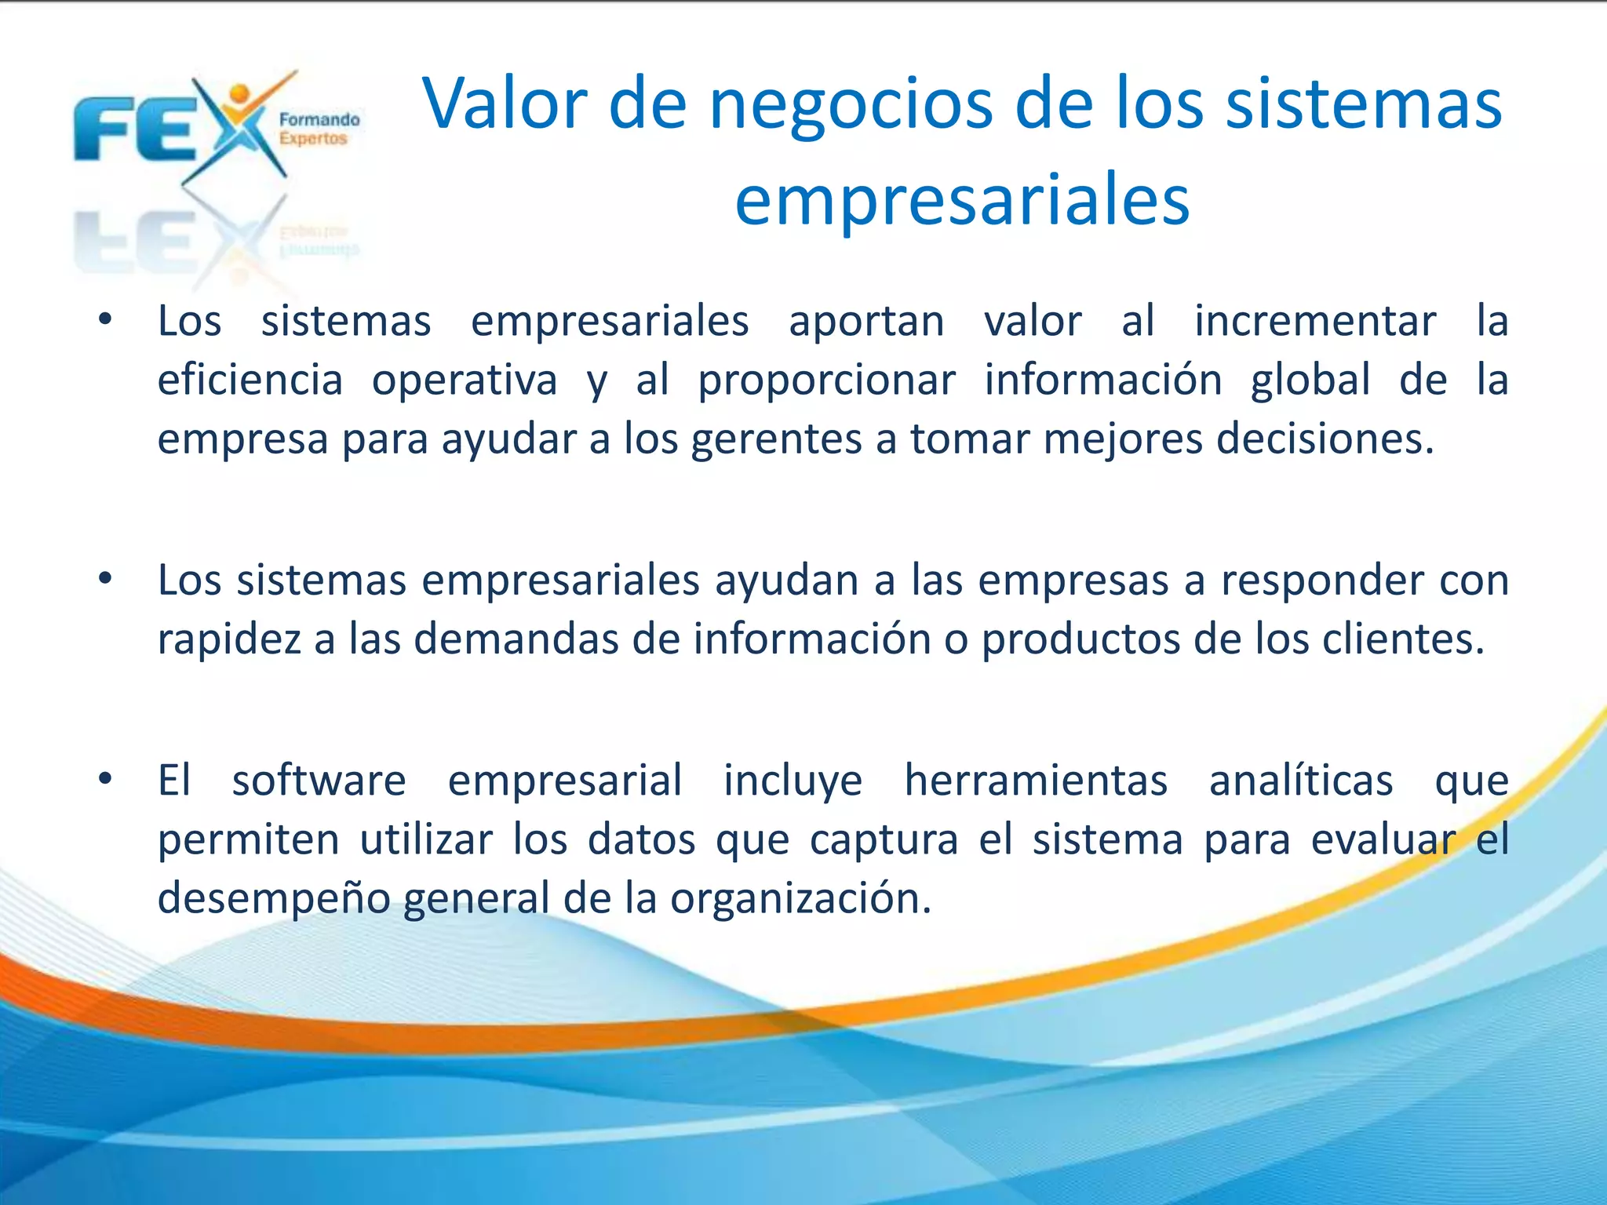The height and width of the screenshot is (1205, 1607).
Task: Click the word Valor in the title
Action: point(505,104)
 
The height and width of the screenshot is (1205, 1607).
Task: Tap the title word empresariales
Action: point(962,201)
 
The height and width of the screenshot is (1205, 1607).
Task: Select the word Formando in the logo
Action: point(319,120)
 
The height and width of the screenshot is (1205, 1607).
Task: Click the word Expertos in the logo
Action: point(313,139)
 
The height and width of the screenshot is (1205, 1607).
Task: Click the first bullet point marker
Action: point(105,319)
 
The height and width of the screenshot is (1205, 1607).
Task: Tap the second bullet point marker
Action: point(105,579)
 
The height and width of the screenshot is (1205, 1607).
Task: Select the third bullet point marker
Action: point(105,779)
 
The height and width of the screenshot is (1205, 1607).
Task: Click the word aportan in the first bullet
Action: point(866,322)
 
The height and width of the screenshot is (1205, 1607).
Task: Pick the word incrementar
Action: point(1315,322)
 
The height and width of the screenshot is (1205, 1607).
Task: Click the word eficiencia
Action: point(250,380)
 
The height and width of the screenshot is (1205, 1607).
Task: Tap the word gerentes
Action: point(776,439)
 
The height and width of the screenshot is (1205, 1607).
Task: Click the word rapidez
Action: point(229,639)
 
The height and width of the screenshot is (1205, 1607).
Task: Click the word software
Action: point(319,781)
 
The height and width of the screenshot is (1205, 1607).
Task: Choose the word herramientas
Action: point(1036,781)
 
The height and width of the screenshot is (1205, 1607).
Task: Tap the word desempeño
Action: point(273,899)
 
